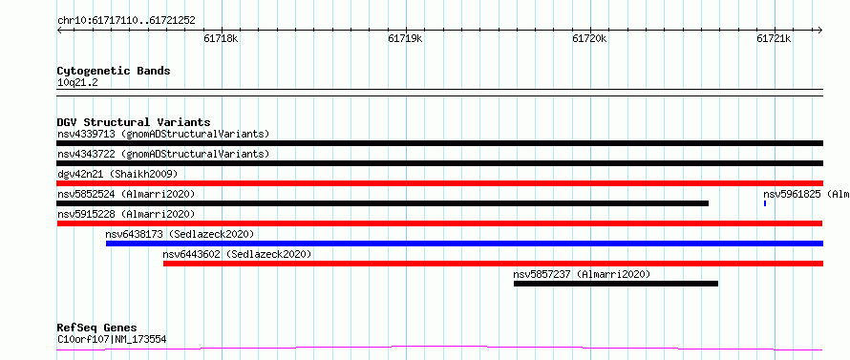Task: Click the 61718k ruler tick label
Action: point(221,39)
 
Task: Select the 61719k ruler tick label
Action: point(405,39)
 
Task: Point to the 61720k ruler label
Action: point(589,39)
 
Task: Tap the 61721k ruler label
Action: point(774,39)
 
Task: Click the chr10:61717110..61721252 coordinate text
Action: point(126,21)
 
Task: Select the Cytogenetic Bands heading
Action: point(114,71)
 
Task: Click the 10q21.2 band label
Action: point(77,83)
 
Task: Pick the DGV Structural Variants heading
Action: point(134,122)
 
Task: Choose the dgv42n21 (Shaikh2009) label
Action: point(117,174)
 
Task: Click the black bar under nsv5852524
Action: point(383,203)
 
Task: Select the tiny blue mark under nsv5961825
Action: point(765,203)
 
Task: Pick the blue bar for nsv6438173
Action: point(464,244)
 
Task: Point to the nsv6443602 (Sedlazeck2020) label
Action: point(238,254)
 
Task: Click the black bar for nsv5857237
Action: point(616,284)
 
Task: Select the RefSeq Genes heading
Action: point(97,328)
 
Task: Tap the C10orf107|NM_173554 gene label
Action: point(112,340)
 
